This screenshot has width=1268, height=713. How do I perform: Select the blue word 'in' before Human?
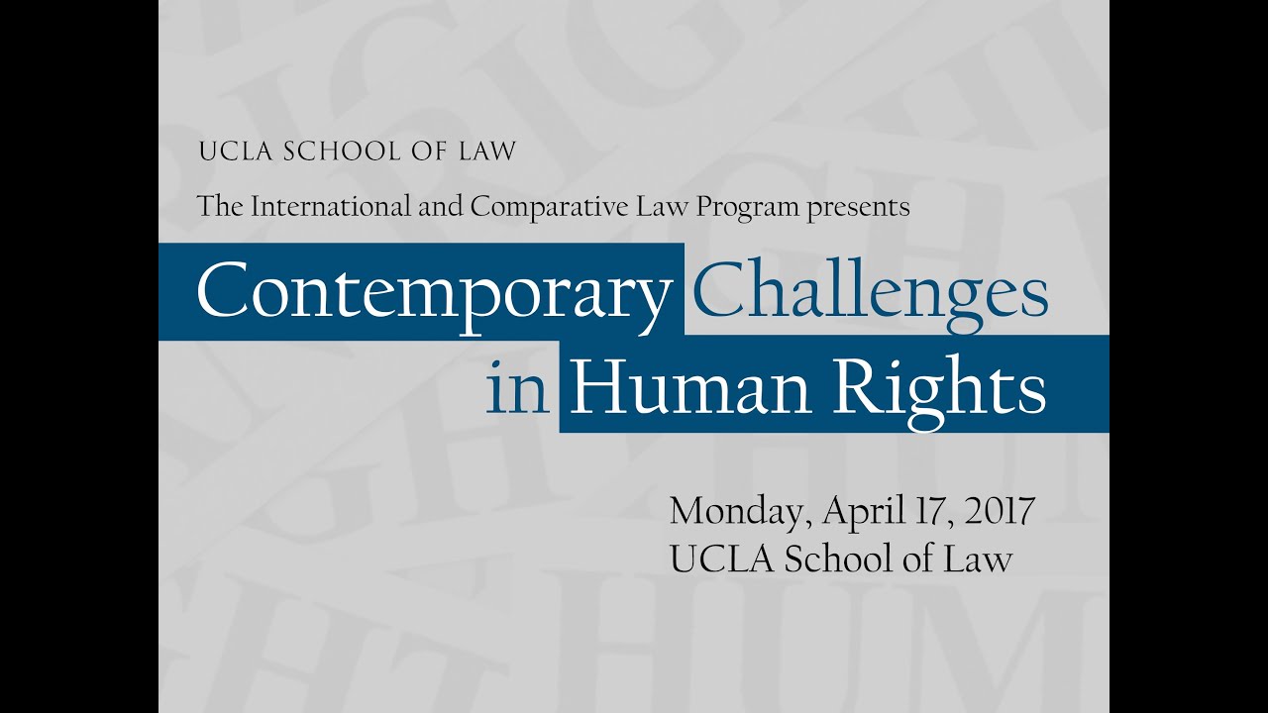(517, 388)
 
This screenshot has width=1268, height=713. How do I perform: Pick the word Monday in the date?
(734, 512)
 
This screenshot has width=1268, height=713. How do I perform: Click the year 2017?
(1000, 511)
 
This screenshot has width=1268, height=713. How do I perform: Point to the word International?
(336, 207)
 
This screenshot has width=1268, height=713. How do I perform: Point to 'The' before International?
(220, 207)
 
